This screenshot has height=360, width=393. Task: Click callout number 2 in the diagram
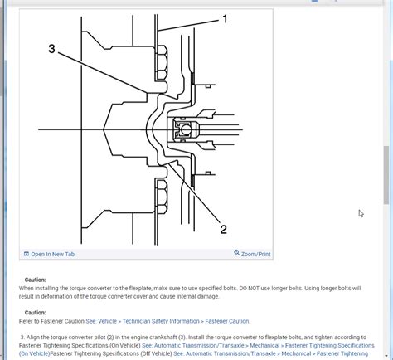(x=223, y=229)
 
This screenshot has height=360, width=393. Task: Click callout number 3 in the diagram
(x=51, y=49)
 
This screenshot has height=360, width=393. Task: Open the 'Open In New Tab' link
(x=53, y=254)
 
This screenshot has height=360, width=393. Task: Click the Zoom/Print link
(x=255, y=254)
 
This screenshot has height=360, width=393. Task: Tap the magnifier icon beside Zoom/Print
(x=237, y=253)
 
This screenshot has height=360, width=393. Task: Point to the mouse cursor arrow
(x=361, y=213)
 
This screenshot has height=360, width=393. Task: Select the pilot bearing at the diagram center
(x=181, y=128)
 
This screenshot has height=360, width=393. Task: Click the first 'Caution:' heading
(x=36, y=280)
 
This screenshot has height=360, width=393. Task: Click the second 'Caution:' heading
(x=36, y=313)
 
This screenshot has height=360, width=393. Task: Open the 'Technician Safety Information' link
(x=159, y=321)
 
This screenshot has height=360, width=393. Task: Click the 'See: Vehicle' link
(x=102, y=321)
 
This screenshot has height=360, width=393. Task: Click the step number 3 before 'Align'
(x=23, y=338)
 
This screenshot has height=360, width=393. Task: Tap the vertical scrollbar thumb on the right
(x=387, y=174)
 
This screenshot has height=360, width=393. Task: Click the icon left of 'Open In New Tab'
(x=27, y=254)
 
